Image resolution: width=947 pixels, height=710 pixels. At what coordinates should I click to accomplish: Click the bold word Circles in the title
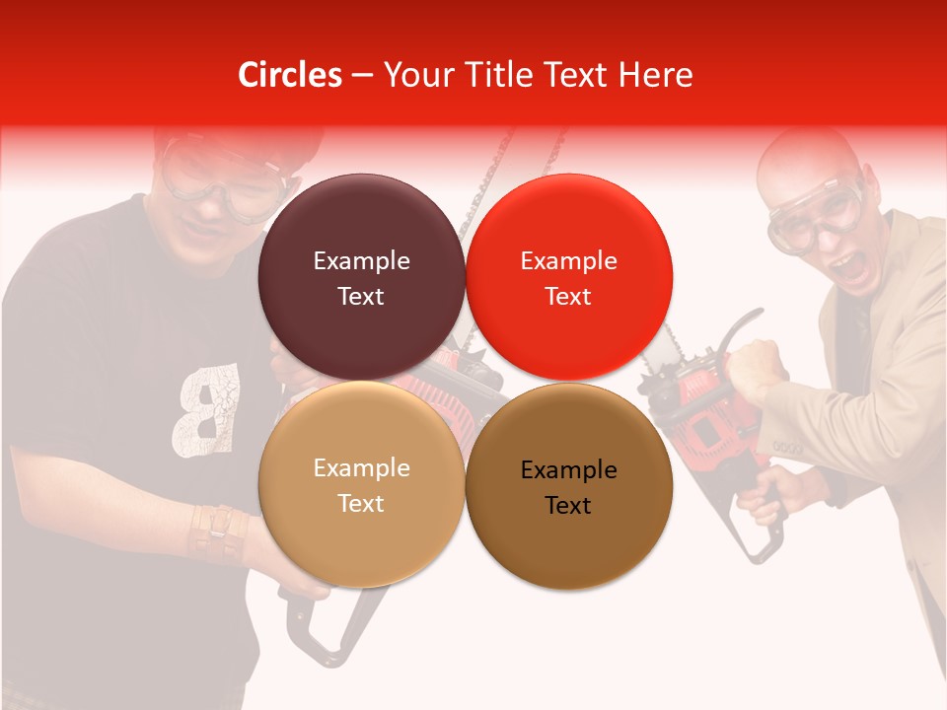[x=290, y=75]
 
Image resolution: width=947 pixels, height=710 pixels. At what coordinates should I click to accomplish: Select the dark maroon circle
[x=361, y=277]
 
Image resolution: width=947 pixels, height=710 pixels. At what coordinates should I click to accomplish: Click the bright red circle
[x=568, y=277]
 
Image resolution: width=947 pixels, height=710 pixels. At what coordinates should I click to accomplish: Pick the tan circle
[x=361, y=484]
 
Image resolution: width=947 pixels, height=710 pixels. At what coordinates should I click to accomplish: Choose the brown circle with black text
[x=568, y=486]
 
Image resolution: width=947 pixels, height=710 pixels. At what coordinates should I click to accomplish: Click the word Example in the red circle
[x=568, y=261]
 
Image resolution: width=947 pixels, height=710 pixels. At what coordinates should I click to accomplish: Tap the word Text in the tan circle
[x=361, y=503]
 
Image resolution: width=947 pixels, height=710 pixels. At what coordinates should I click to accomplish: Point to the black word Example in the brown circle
[x=568, y=470]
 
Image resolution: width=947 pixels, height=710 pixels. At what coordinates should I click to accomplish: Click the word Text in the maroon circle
[x=361, y=296]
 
